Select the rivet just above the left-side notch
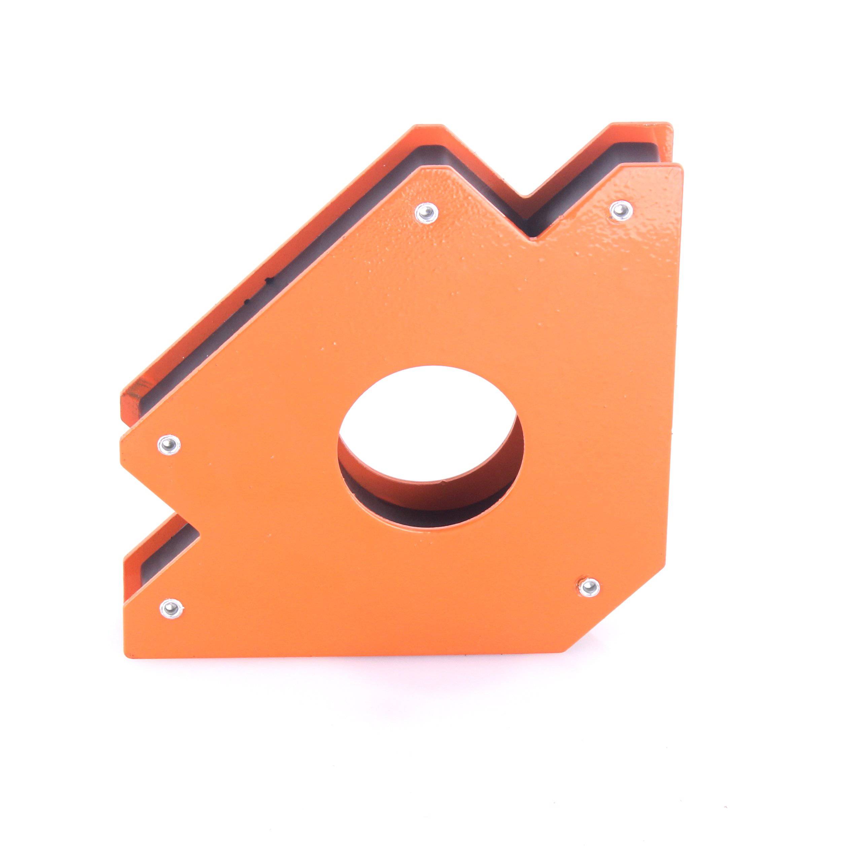[169, 445]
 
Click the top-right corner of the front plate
[682, 165]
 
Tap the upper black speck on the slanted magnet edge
[269, 281]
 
